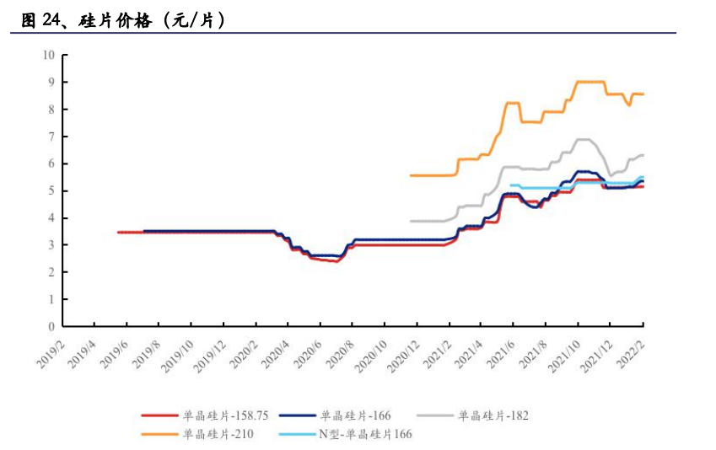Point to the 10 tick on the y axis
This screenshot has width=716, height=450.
48,56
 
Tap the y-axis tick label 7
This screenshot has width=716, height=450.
51,137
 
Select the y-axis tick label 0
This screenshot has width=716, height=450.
51,327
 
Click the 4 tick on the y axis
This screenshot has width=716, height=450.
51,218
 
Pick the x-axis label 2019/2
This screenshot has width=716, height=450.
50,351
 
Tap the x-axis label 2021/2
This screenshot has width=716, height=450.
437,351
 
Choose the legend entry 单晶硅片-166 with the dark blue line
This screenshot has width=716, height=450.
355,415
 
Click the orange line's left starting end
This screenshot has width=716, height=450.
410,175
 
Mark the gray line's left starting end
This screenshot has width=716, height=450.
410,221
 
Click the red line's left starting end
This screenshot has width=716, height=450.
118,232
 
